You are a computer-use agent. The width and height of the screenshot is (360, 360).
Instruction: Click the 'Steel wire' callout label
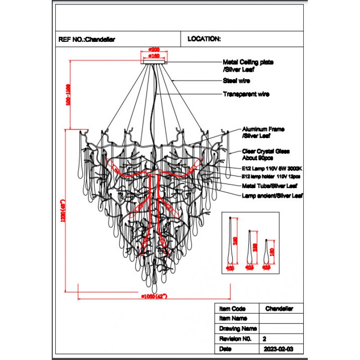point(236,81)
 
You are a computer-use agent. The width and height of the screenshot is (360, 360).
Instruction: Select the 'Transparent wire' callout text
point(246,94)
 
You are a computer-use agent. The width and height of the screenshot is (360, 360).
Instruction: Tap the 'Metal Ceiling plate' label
point(248,63)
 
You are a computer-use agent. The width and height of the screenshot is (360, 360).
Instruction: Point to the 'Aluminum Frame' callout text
point(263,129)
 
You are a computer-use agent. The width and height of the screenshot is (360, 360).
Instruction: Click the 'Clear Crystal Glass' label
point(265,152)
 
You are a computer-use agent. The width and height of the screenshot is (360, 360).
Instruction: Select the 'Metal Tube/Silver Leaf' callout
point(269,185)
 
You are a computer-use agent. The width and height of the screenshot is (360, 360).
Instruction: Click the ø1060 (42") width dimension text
point(154,296)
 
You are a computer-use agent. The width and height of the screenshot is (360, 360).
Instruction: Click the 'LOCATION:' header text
point(204,39)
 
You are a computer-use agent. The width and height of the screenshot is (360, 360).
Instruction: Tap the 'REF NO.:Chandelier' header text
point(86,39)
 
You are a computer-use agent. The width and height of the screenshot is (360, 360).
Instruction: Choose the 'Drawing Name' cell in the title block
point(238,329)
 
